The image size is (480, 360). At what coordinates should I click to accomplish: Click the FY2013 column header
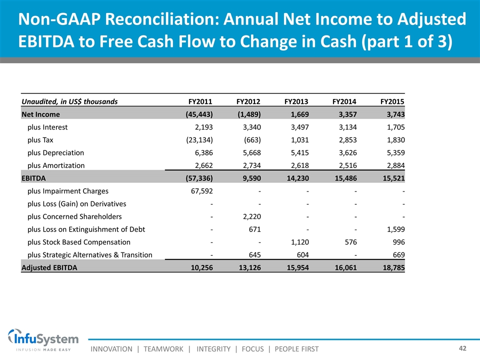296,101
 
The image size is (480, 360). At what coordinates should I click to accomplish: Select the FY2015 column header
392,101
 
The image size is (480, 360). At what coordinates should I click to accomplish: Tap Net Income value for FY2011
196,114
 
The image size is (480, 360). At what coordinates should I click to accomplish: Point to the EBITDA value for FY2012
248,178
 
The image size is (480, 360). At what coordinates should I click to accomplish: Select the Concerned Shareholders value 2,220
250,216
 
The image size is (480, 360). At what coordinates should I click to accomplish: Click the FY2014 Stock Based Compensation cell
348,242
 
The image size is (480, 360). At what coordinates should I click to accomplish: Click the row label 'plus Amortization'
56,165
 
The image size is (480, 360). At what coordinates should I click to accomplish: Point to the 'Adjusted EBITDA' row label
49,267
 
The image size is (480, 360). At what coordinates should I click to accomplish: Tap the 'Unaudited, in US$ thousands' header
69,101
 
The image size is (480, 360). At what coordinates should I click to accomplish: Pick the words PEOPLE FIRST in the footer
296,348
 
